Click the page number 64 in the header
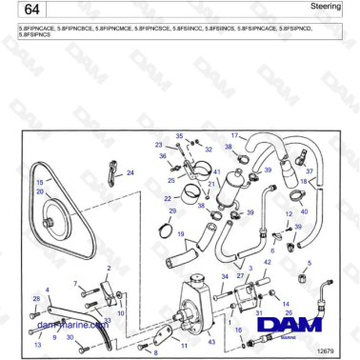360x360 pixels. [30, 10]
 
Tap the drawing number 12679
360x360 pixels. [325, 350]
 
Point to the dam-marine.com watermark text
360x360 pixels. [72, 325]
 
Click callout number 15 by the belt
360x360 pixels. [40, 182]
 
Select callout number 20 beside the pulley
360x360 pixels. [40, 191]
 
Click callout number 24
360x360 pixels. [130, 172]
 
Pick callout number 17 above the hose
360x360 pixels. [234, 135]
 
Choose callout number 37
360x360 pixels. [309, 171]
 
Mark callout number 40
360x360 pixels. [304, 210]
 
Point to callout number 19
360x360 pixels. [179, 232]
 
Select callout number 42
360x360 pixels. [267, 262]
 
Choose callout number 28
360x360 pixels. [35, 300]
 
